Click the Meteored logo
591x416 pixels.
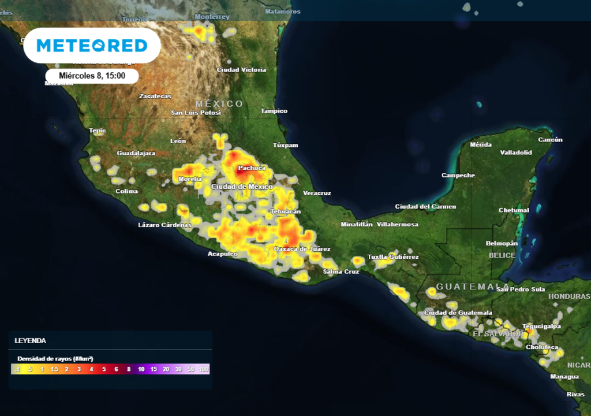[x=92, y=46]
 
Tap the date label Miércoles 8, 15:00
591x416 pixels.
[x=92, y=76]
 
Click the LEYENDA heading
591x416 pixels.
[x=30, y=341]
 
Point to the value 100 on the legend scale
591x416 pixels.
[x=203, y=369]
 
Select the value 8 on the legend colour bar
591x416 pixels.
[x=129, y=369]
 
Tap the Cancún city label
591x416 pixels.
[x=550, y=140]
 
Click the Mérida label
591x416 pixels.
[x=481, y=144]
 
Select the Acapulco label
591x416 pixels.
[x=222, y=254]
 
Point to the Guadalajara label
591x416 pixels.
[x=136, y=153]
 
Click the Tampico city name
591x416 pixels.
[x=274, y=111]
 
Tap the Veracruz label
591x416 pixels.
[x=317, y=193]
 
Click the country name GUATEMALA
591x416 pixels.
[x=473, y=287]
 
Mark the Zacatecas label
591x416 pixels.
[x=155, y=96]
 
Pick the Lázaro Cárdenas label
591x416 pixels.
[x=164, y=225]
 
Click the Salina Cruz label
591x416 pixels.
[x=341, y=272]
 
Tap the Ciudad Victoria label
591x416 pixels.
[x=241, y=70]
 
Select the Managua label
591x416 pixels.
[x=564, y=377]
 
